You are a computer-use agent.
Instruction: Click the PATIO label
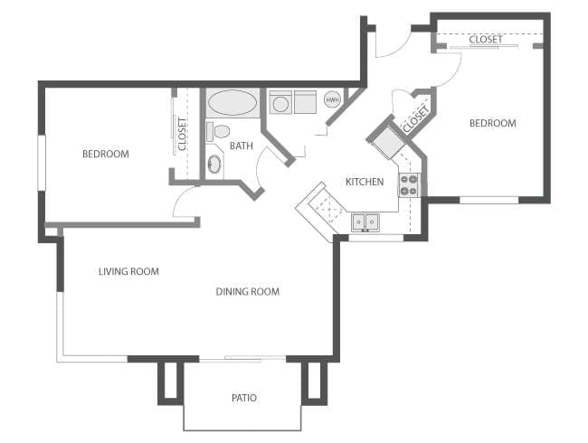click(242, 397)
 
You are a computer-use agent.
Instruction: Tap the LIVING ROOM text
click(128, 271)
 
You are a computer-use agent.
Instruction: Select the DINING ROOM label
click(247, 291)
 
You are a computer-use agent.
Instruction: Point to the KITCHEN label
click(365, 182)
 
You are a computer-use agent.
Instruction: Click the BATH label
click(241, 146)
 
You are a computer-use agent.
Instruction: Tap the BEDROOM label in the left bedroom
click(105, 154)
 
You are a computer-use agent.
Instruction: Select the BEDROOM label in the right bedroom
click(492, 123)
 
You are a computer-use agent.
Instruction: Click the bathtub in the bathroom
click(233, 103)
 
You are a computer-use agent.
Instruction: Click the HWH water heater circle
click(332, 99)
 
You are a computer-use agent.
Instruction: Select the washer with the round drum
click(281, 103)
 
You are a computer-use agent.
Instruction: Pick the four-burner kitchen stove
click(409, 184)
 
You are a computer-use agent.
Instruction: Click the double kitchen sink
click(365, 221)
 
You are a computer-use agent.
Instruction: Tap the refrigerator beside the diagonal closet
click(385, 141)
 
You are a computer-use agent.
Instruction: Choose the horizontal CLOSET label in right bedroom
click(486, 40)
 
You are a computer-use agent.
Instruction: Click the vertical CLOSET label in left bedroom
click(182, 134)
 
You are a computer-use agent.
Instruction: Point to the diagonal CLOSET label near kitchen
click(414, 118)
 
